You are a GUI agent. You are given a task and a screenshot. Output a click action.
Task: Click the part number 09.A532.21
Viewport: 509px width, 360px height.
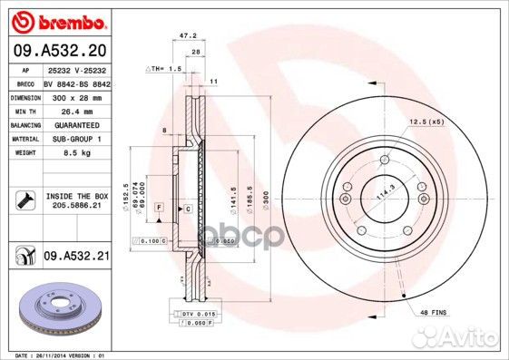click(x=75, y=258)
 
